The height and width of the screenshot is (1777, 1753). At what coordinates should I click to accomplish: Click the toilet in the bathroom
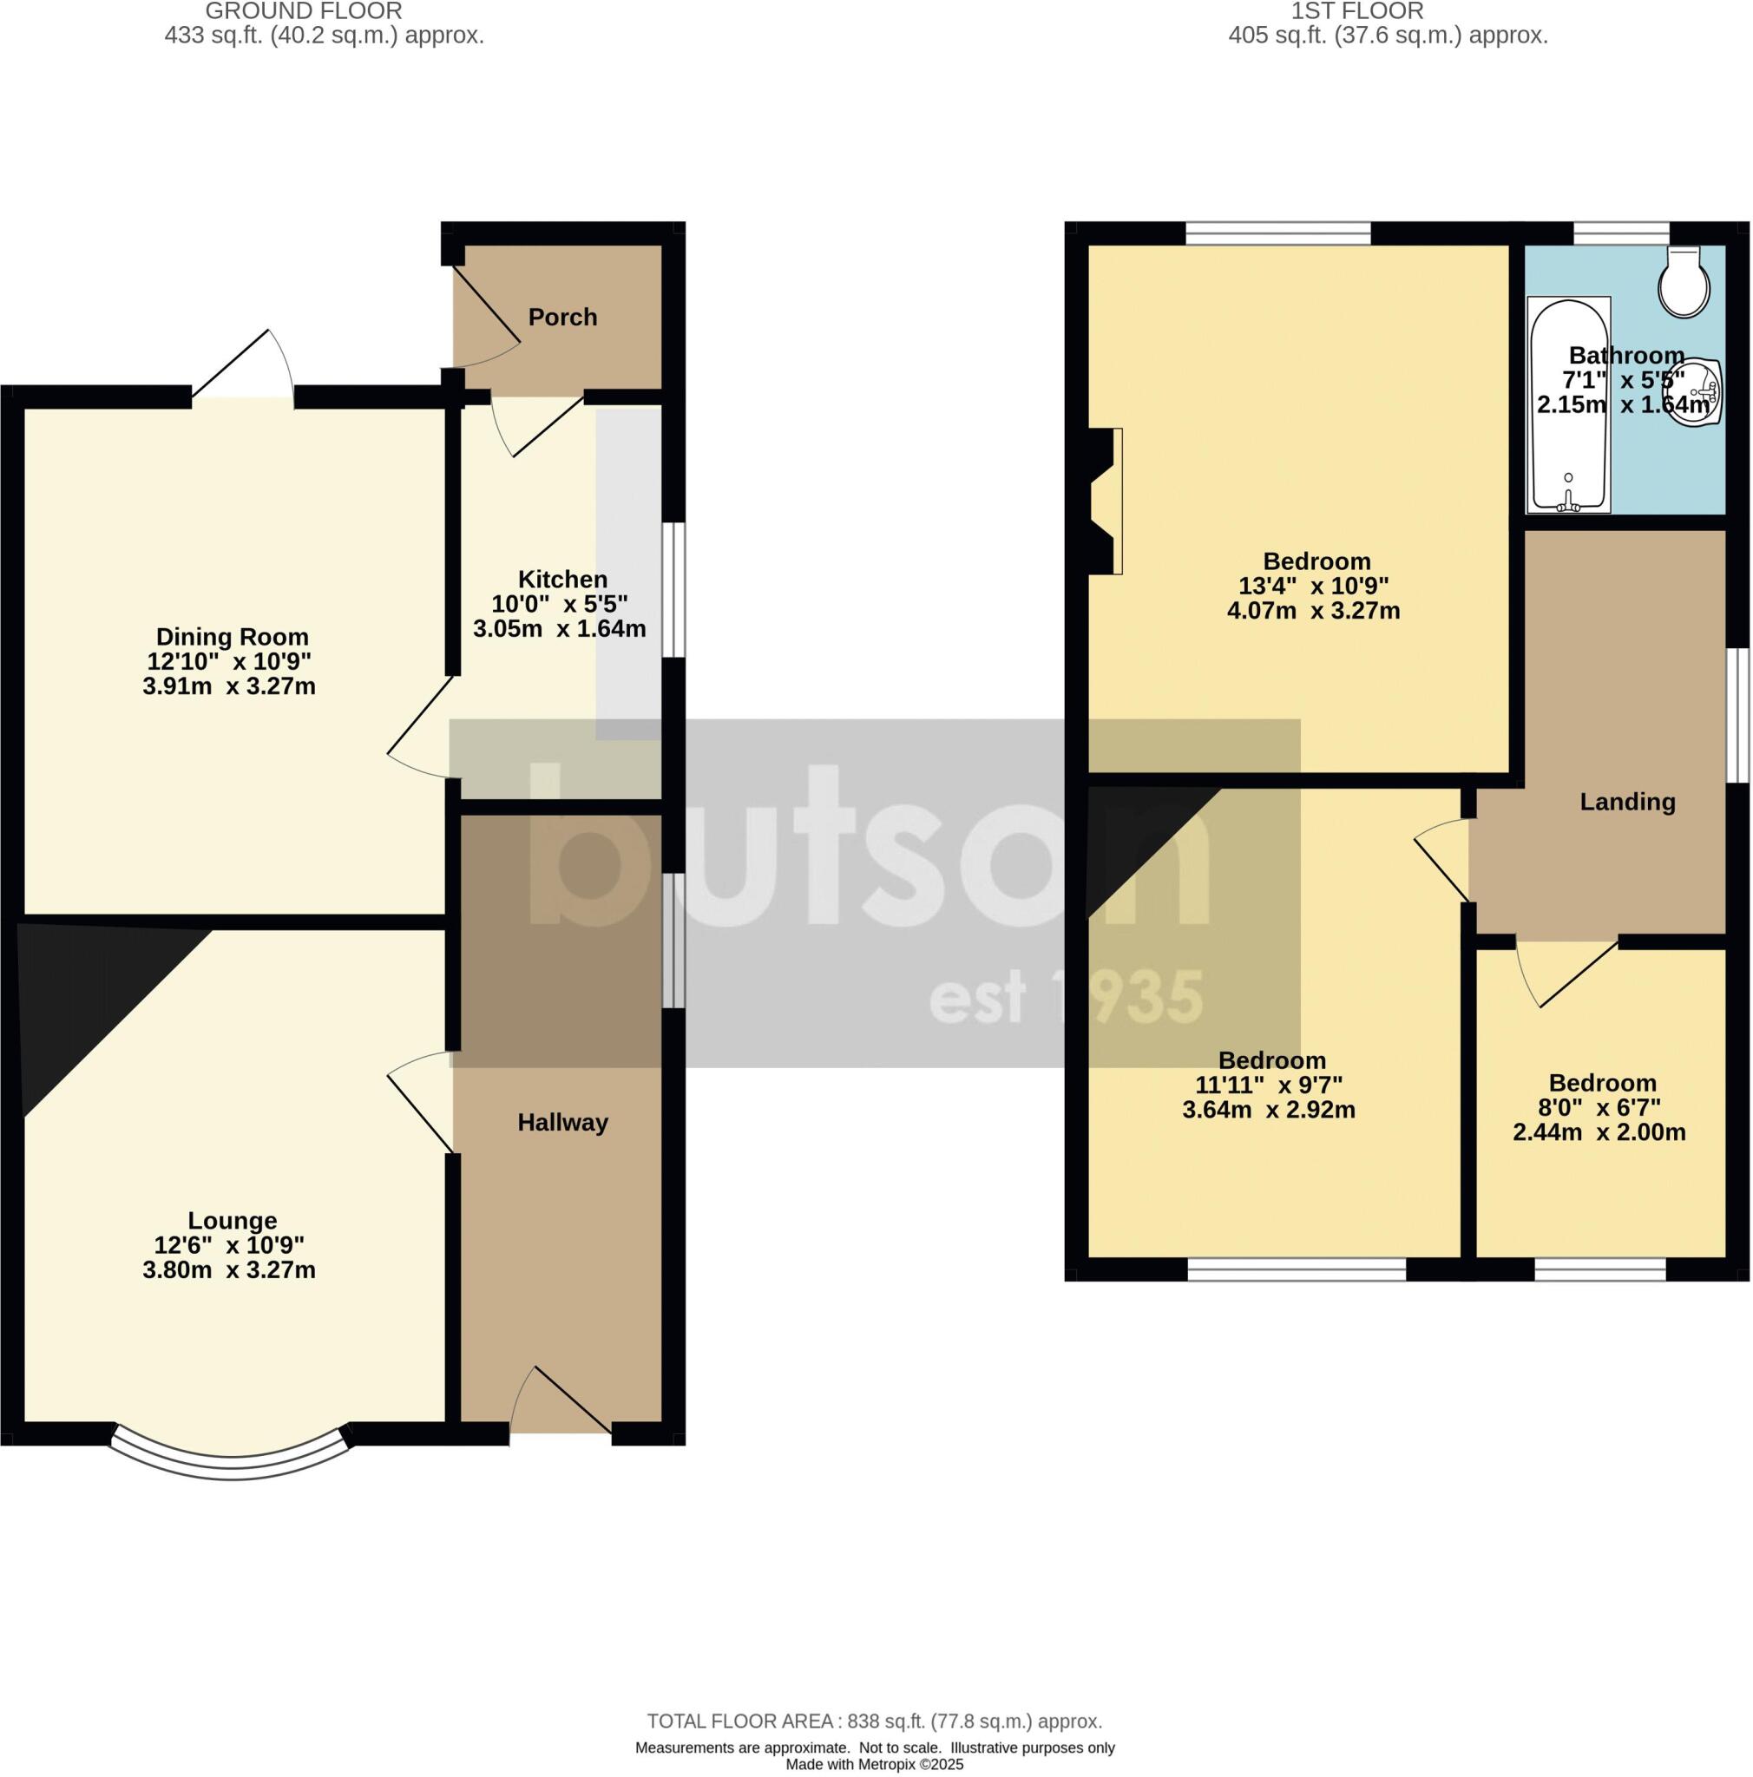pos(1683,281)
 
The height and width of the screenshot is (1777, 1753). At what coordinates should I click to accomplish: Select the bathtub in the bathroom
pos(1568,404)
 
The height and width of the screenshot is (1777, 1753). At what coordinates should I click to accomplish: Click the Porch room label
pos(562,318)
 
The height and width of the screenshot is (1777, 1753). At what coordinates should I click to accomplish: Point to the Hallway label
pos(562,1122)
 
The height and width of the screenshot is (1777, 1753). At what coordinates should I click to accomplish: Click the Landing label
pos(1627,802)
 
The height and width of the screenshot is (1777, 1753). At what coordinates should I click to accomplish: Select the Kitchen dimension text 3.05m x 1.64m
pos(559,629)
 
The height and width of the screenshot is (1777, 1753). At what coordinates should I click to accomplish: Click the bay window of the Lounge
pos(230,1465)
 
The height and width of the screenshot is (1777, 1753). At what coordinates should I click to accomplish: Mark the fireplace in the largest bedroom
pos(1104,502)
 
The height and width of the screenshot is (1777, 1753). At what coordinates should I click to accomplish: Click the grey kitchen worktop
pos(628,570)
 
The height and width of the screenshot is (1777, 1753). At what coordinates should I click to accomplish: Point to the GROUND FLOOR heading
pos(303,12)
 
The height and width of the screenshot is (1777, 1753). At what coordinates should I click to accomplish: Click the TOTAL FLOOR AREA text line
pos(874,1721)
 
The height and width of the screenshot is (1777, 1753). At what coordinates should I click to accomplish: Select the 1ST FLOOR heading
pos(1356,12)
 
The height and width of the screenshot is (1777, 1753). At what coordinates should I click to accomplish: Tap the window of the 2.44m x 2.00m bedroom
pos(1599,1270)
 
